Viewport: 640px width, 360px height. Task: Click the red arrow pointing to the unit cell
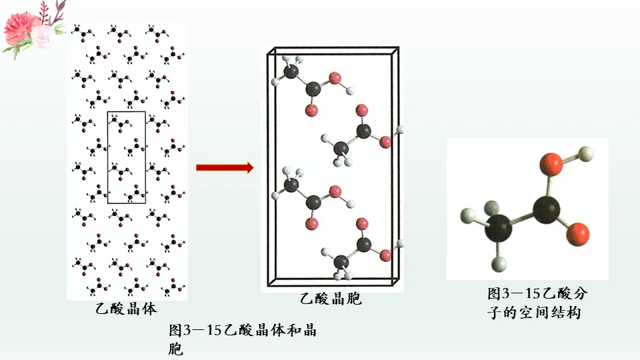225,167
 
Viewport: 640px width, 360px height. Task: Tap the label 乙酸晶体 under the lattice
125,309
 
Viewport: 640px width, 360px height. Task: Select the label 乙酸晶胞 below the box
331,299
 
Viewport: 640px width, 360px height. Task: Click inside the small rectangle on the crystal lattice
126,157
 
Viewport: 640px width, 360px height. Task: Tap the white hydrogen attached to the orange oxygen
585,153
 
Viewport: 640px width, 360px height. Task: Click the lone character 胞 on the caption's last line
176,348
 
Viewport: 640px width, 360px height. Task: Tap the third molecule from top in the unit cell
311,197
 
